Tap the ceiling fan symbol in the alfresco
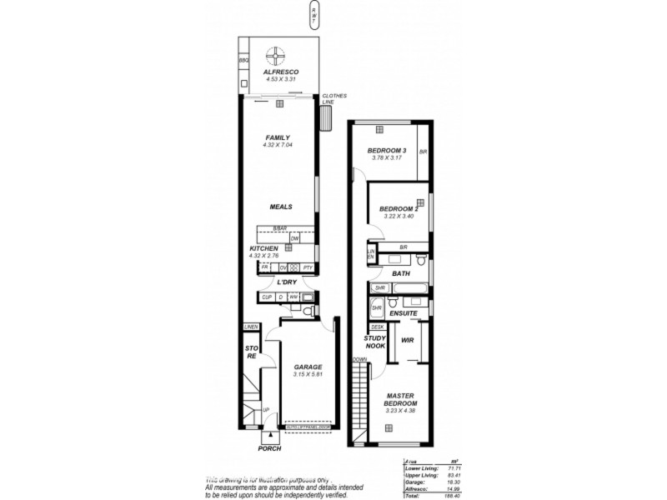pyautogui.click(x=275, y=56)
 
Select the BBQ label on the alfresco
pyautogui.click(x=243, y=61)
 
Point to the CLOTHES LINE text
pyautogui.click(x=334, y=98)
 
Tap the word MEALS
pyautogui.click(x=280, y=207)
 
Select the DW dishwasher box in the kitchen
pyautogui.click(x=294, y=238)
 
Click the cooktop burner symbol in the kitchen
pyautogui.click(x=293, y=267)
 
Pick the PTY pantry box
pyautogui.click(x=308, y=267)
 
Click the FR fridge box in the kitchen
pyautogui.click(x=264, y=267)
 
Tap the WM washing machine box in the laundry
pyautogui.click(x=293, y=297)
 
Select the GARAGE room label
pyautogui.click(x=307, y=367)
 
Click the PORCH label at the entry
pyautogui.click(x=269, y=448)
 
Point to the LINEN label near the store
pyautogui.click(x=250, y=327)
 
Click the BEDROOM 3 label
pyautogui.click(x=387, y=151)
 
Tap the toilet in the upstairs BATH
pyautogui.click(x=423, y=261)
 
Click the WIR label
pyautogui.click(x=408, y=340)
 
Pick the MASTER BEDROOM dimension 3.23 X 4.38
pyautogui.click(x=399, y=411)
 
